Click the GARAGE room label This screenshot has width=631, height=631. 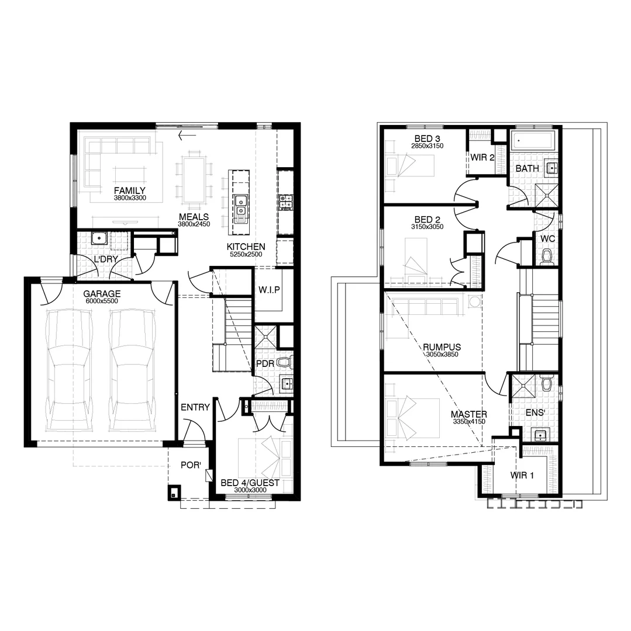[x=102, y=294]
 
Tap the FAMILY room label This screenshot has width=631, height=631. [x=129, y=190]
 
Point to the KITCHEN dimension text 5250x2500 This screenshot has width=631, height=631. [x=246, y=255]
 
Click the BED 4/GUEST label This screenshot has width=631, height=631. [x=250, y=483]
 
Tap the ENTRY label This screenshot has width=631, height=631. [x=195, y=407]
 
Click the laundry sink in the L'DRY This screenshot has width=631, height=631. [x=99, y=238]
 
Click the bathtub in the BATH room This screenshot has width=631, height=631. [x=533, y=140]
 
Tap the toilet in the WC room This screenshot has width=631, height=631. [x=547, y=256]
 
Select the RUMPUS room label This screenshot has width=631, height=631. [x=442, y=347]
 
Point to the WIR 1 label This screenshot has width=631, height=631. [x=522, y=475]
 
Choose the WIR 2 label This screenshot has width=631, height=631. [x=483, y=157]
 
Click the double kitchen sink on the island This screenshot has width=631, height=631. [x=240, y=208]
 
